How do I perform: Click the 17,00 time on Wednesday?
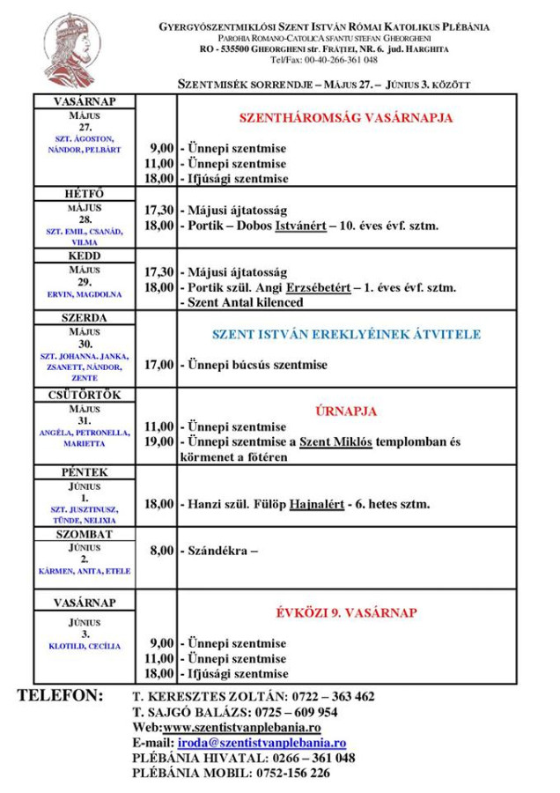tap(159, 364)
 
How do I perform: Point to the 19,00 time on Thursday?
tap(159, 441)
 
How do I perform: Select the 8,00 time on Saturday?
tap(163, 551)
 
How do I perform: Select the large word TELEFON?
tap(62, 696)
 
